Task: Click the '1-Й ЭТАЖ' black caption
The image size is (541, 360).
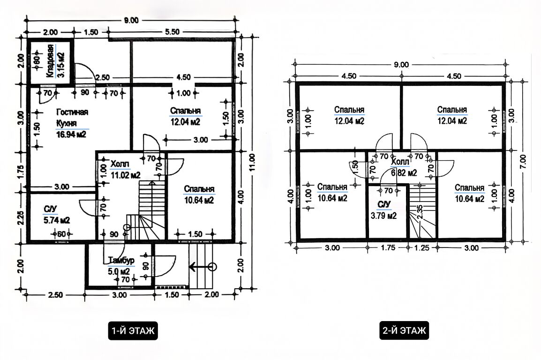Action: (x=133, y=330)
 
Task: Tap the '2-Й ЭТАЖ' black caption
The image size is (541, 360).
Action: (x=404, y=330)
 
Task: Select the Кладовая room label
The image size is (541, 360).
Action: (x=50, y=61)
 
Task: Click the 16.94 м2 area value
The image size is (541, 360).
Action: (x=71, y=134)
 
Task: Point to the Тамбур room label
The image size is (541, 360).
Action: (x=121, y=260)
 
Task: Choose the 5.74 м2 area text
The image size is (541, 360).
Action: (x=57, y=220)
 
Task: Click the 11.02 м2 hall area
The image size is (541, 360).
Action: (x=126, y=175)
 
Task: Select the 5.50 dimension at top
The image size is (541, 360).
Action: (x=172, y=32)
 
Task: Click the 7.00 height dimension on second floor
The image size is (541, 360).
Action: (x=523, y=161)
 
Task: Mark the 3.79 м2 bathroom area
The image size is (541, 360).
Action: (x=383, y=216)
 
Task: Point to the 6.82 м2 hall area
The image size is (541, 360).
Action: (x=404, y=173)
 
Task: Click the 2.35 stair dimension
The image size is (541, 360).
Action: (x=420, y=212)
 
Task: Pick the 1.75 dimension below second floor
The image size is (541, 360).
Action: (x=388, y=247)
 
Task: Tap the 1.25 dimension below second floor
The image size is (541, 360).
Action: (x=421, y=247)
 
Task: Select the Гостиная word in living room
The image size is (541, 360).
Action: (x=72, y=112)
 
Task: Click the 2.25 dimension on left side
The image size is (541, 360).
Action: (x=20, y=217)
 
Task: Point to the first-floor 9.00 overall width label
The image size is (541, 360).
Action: (x=131, y=20)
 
